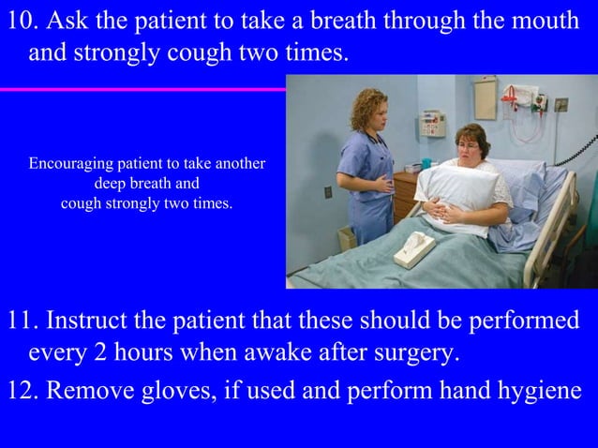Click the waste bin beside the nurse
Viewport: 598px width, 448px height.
[x=347, y=237]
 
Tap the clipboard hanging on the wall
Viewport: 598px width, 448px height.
[x=486, y=97]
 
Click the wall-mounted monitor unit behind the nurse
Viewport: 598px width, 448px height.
[x=432, y=123]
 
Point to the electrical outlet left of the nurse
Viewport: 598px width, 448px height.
[x=328, y=191]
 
